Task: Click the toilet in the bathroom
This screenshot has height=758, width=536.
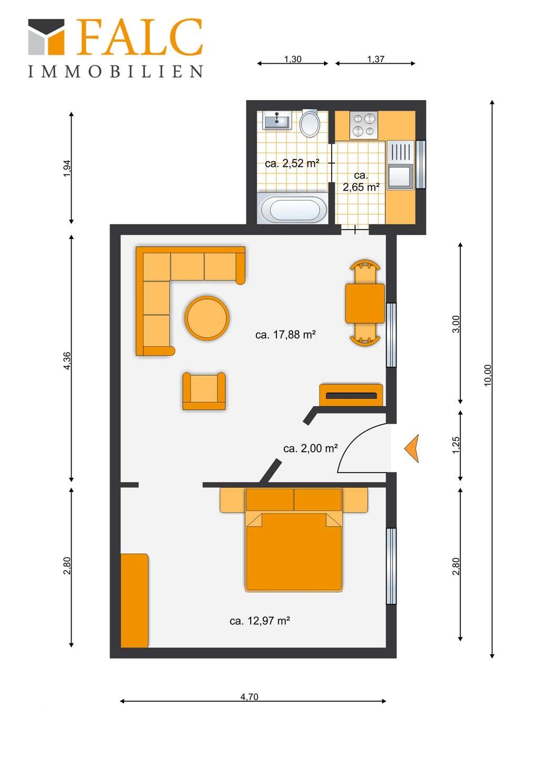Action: [x=310, y=124]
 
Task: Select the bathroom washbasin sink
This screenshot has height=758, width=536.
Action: [x=277, y=122]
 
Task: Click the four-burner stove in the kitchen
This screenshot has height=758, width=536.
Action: [x=363, y=125]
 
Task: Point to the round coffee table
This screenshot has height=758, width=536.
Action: [x=207, y=318]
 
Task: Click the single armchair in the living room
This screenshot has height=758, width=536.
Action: [x=204, y=391]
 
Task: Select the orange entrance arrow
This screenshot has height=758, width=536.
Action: [x=412, y=448]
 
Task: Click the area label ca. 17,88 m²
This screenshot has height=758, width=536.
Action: [x=285, y=335]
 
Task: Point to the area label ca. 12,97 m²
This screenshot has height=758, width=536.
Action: [x=260, y=621]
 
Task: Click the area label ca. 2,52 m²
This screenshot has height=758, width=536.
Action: [x=292, y=164]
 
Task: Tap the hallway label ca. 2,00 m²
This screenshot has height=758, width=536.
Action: [x=310, y=448]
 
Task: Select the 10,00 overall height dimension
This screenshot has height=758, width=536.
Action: [x=488, y=375]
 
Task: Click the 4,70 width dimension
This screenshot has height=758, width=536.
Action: [x=250, y=697]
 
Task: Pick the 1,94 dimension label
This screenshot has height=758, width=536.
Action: [x=67, y=168]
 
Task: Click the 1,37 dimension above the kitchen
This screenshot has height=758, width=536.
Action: [x=375, y=59]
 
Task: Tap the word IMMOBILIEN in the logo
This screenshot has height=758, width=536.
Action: [x=115, y=72]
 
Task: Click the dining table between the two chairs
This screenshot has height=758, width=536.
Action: [x=364, y=303]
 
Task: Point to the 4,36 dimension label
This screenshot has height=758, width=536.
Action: [x=67, y=361]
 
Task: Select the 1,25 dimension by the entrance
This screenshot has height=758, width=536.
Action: [x=456, y=444]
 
